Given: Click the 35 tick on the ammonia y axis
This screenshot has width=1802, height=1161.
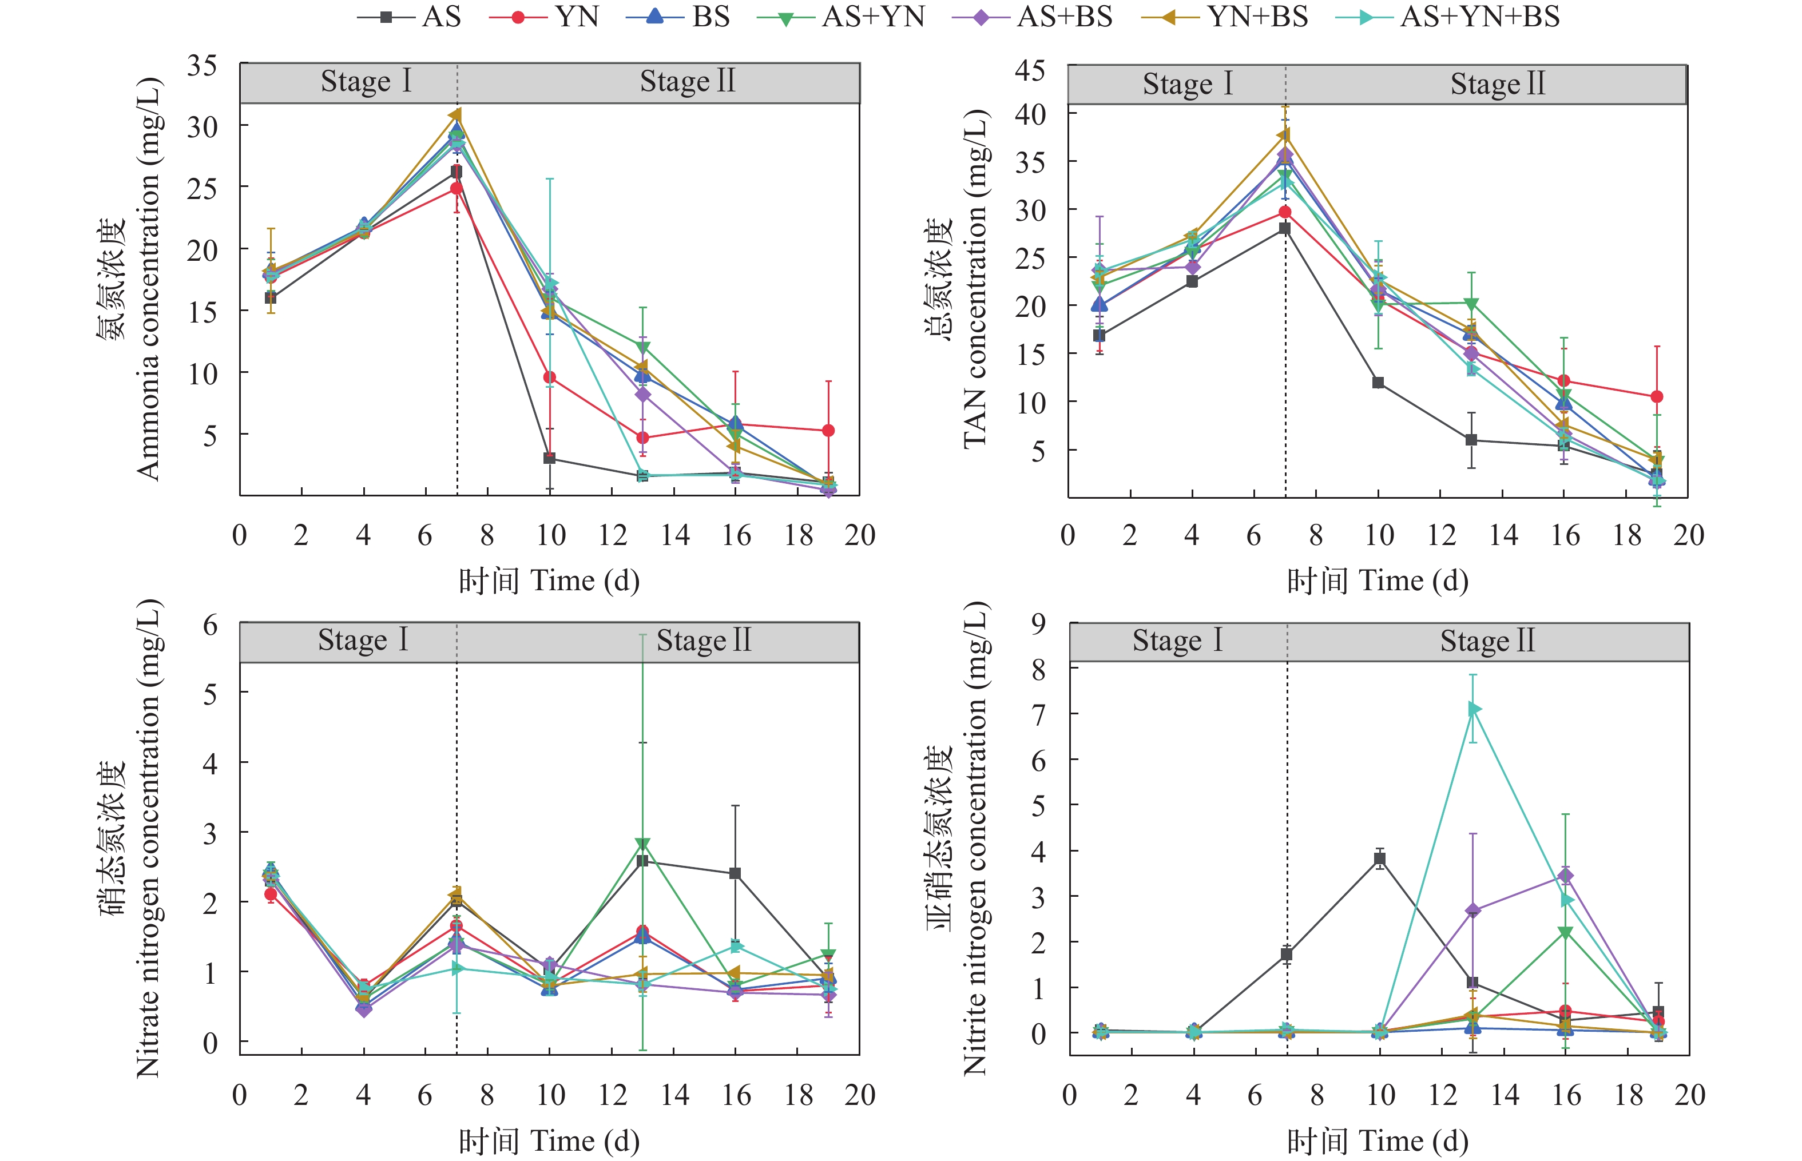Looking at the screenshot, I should [x=202, y=66].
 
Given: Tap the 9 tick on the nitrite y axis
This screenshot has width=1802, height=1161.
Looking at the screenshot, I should [x=1038, y=623].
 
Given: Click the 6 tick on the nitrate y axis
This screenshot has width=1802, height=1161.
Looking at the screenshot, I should [x=211, y=625].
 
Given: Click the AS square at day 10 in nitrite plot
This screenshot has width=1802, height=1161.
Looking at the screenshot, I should [x=1380, y=858].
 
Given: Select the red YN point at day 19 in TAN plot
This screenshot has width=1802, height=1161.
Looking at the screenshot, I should [x=1657, y=396].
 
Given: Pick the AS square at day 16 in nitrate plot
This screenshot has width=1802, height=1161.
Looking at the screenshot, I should [x=735, y=874].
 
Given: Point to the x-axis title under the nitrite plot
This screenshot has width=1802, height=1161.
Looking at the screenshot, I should [x=1378, y=1140].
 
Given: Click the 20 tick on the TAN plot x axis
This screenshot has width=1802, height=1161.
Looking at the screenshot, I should [x=1688, y=535].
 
